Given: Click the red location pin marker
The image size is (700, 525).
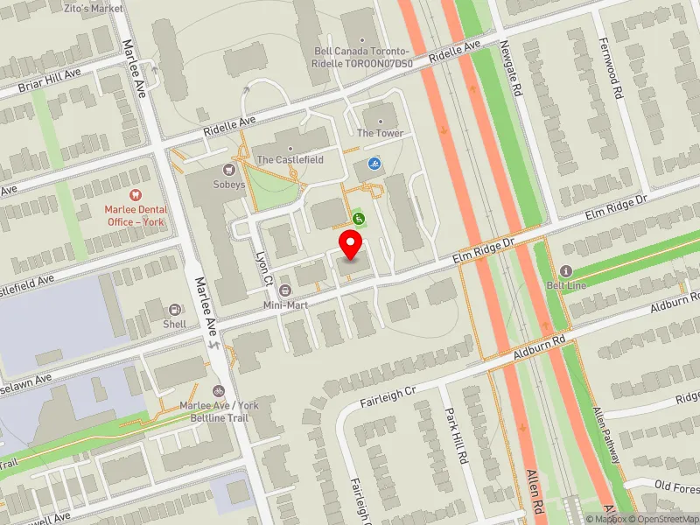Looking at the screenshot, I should coord(352,244).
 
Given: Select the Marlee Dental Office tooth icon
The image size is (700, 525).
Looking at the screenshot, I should coord(135,195).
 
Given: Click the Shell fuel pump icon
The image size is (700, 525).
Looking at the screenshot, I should coord(174,310).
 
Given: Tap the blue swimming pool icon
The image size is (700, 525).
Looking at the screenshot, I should coord(374,164).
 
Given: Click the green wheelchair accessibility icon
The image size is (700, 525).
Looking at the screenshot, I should coord(358,218).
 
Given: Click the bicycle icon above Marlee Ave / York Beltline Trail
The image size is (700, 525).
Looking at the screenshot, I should coord(218,391).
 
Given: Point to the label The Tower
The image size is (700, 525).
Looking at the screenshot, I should coord(380,133).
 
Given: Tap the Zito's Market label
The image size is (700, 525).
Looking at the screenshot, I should coord(94,7).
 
